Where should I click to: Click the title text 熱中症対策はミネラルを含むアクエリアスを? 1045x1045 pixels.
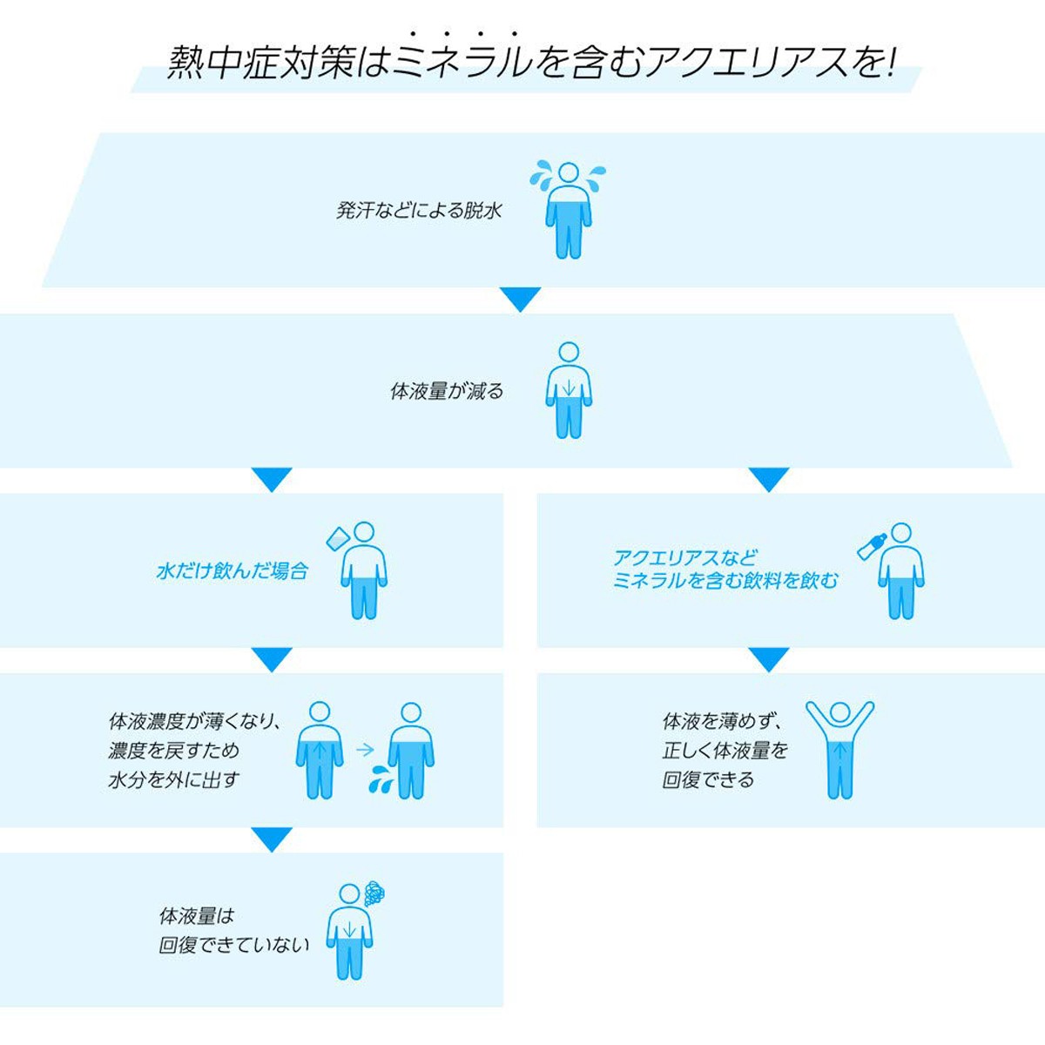pos(530,63)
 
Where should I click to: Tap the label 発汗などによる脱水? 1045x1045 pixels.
pos(419,211)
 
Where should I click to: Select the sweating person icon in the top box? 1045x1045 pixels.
pos(568,210)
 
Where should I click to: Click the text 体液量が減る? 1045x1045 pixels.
pos(447,391)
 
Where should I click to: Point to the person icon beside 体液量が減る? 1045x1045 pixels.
pos(569,390)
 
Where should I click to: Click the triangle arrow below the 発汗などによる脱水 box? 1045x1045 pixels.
pos(521,300)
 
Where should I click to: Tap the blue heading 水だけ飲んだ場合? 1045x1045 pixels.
pos(233,571)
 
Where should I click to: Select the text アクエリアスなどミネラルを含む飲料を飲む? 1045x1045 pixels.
pos(725,569)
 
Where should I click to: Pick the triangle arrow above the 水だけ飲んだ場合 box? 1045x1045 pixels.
pos(272,480)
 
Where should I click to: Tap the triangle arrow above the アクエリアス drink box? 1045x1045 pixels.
pos(768,480)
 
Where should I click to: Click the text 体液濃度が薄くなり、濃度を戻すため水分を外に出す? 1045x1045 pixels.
pos(194,751)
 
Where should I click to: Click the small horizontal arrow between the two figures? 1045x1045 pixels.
pos(366,750)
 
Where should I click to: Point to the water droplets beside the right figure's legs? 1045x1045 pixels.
pos(379,779)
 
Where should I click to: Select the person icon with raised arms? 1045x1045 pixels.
pos(840,750)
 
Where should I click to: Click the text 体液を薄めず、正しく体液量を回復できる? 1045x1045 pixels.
pos(725,751)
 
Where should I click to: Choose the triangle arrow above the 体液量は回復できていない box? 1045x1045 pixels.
pos(272,839)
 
